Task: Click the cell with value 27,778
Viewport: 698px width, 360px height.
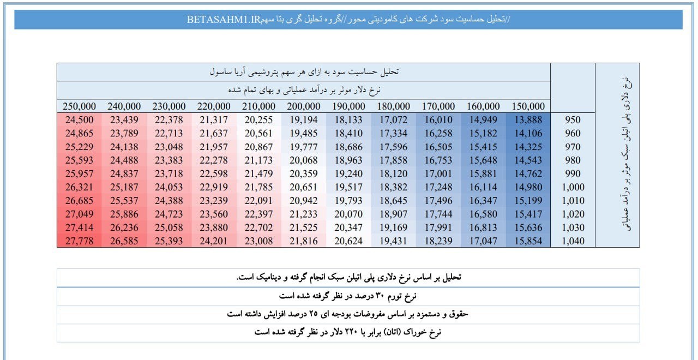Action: point(79,241)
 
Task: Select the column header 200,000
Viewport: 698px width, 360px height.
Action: point(304,106)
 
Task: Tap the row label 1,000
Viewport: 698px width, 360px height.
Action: point(573,187)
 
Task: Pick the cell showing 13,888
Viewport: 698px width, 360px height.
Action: point(528,119)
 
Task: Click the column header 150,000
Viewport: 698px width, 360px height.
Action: point(528,106)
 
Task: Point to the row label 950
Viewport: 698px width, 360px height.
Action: point(573,119)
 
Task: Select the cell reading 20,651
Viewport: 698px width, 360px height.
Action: point(304,187)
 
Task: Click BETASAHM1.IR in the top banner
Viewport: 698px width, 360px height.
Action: point(224,19)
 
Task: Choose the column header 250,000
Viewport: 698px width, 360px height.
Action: point(79,106)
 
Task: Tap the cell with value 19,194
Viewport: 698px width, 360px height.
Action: point(304,119)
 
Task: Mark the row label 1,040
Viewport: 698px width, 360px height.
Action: point(573,241)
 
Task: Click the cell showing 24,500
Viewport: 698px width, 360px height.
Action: point(79,119)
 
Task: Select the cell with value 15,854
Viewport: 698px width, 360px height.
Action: point(528,241)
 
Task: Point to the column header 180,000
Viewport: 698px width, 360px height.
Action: point(393,106)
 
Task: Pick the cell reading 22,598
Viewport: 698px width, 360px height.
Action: point(214,173)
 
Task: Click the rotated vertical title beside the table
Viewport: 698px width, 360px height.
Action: point(626,154)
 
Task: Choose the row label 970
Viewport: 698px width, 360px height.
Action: point(573,147)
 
